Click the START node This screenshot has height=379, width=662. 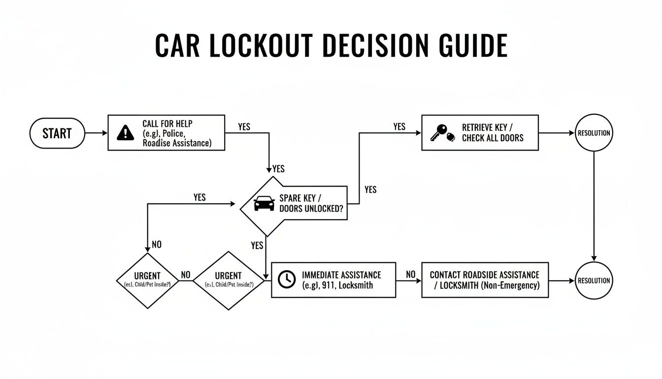[x=57, y=133]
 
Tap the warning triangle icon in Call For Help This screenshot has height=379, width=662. [x=126, y=133]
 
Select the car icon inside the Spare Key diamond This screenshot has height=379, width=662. [x=264, y=203]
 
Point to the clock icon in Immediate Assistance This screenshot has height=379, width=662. [x=286, y=279]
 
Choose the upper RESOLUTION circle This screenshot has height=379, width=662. [x=594, y=133]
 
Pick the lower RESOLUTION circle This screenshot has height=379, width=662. [x=594, y=280]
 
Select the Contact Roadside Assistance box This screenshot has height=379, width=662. [x=485, y=280]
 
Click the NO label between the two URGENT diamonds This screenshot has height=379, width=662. [x=186, y=275]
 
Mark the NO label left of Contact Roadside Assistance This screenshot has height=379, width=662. [x=410, y=274]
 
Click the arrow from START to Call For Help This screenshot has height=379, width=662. [x=97, y=133]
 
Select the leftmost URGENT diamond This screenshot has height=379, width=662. [x=147, y=281]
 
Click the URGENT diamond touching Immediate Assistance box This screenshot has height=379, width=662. [x=228, y=280]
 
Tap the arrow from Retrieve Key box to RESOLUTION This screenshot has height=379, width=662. [x=557, y=133]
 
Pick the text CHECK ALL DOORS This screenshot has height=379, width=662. [x=493, y=138]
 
